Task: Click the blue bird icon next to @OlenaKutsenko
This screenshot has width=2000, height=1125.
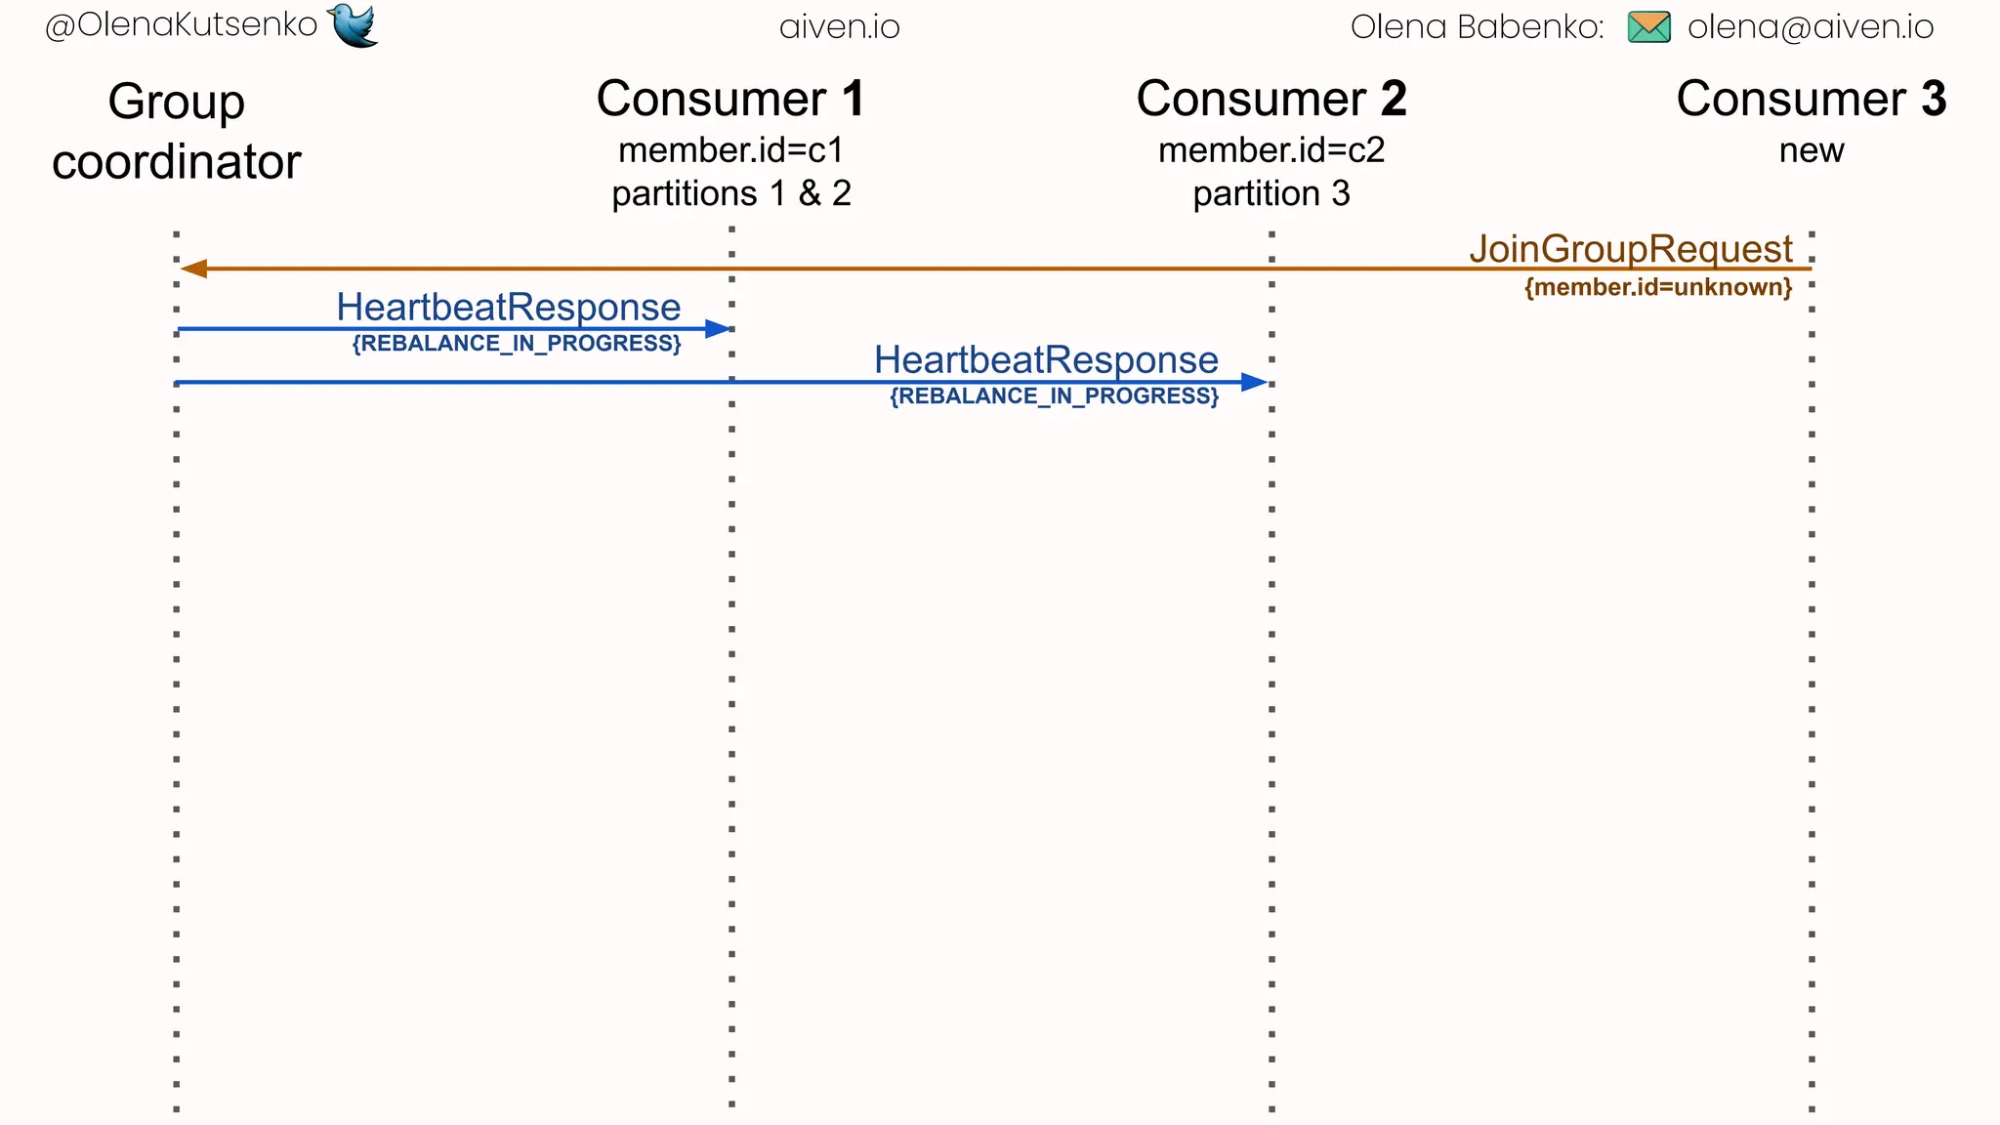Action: (x=354, y=24)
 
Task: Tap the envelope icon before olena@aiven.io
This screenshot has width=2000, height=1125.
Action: (x=1648, y=26)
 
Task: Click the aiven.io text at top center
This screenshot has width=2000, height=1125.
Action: (x=839, y=26)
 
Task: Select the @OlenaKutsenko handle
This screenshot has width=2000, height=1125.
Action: (x=182, y=25)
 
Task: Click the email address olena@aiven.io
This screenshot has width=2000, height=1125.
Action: (x=1810, y=26)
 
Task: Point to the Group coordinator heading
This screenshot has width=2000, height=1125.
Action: (x=177, y=132)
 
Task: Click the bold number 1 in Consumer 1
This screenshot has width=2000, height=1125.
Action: (x=853, y=99)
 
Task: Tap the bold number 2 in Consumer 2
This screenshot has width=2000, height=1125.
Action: (x=1394, y=99)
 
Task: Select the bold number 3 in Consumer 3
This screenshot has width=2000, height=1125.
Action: (x=1934, y=99)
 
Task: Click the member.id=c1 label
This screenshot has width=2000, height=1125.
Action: (x=730, y=150)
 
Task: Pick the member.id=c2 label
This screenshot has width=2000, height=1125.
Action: (x=1271, y=150)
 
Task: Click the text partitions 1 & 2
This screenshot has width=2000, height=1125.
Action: (x=731, y=193)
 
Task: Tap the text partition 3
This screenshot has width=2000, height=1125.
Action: (x=1271, y=193)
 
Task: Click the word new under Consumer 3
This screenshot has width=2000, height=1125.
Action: (x=1811, y=150)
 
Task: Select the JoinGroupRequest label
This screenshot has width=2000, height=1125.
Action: (x=1630, y=248)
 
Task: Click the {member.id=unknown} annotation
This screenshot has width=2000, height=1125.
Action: (x=1657, y=287)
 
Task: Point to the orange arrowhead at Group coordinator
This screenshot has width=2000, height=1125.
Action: (x=193, y=269)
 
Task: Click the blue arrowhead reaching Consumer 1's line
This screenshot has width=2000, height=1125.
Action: (x=718, y=329)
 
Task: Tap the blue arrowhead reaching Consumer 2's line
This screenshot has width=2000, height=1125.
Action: (x=1254, y=382)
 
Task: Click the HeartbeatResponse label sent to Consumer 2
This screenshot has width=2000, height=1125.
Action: (x=1045, y=359)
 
